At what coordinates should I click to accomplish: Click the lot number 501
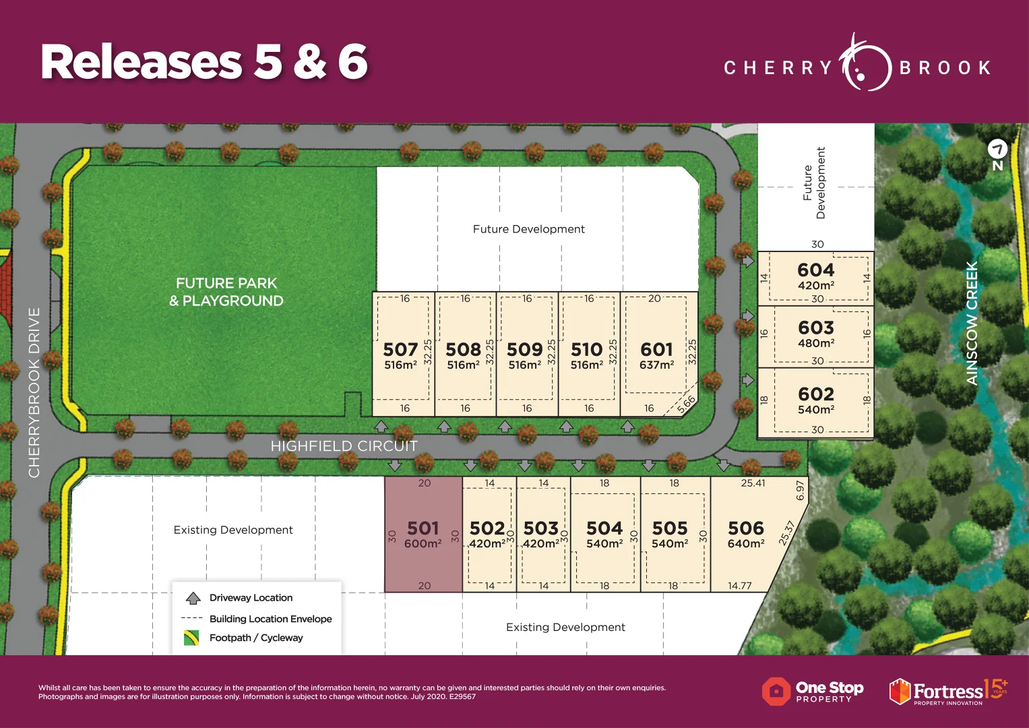(x=423, y=528)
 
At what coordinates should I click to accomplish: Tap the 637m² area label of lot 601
(x=656, y=365)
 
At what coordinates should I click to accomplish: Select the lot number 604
(x=815, y=270)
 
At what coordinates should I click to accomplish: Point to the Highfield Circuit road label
(x=344, y=446)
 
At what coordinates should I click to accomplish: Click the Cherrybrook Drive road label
(x=34, y=392)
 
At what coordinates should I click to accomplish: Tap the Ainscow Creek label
(x=972, y=324)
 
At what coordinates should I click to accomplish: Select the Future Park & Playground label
(x=226, y=292)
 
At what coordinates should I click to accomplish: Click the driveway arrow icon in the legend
(x=193, y=598)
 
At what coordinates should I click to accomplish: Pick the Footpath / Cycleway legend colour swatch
(x=191, y=638)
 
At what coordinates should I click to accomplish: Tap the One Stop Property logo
(x=813, y=692)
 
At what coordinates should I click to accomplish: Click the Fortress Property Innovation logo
(x=947, y=692)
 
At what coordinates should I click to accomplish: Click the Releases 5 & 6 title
(x=204, y=62)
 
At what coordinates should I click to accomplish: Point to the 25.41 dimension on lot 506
(x=753, y=483)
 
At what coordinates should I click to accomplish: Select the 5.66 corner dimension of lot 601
(x=686, y=404)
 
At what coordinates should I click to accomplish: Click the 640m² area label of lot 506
(x=745, y=543)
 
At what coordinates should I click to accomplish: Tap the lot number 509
(x=524, y=349)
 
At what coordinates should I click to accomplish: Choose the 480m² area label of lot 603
(x=816, y=343)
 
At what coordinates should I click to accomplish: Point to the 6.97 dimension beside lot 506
(x=800, y=490)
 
